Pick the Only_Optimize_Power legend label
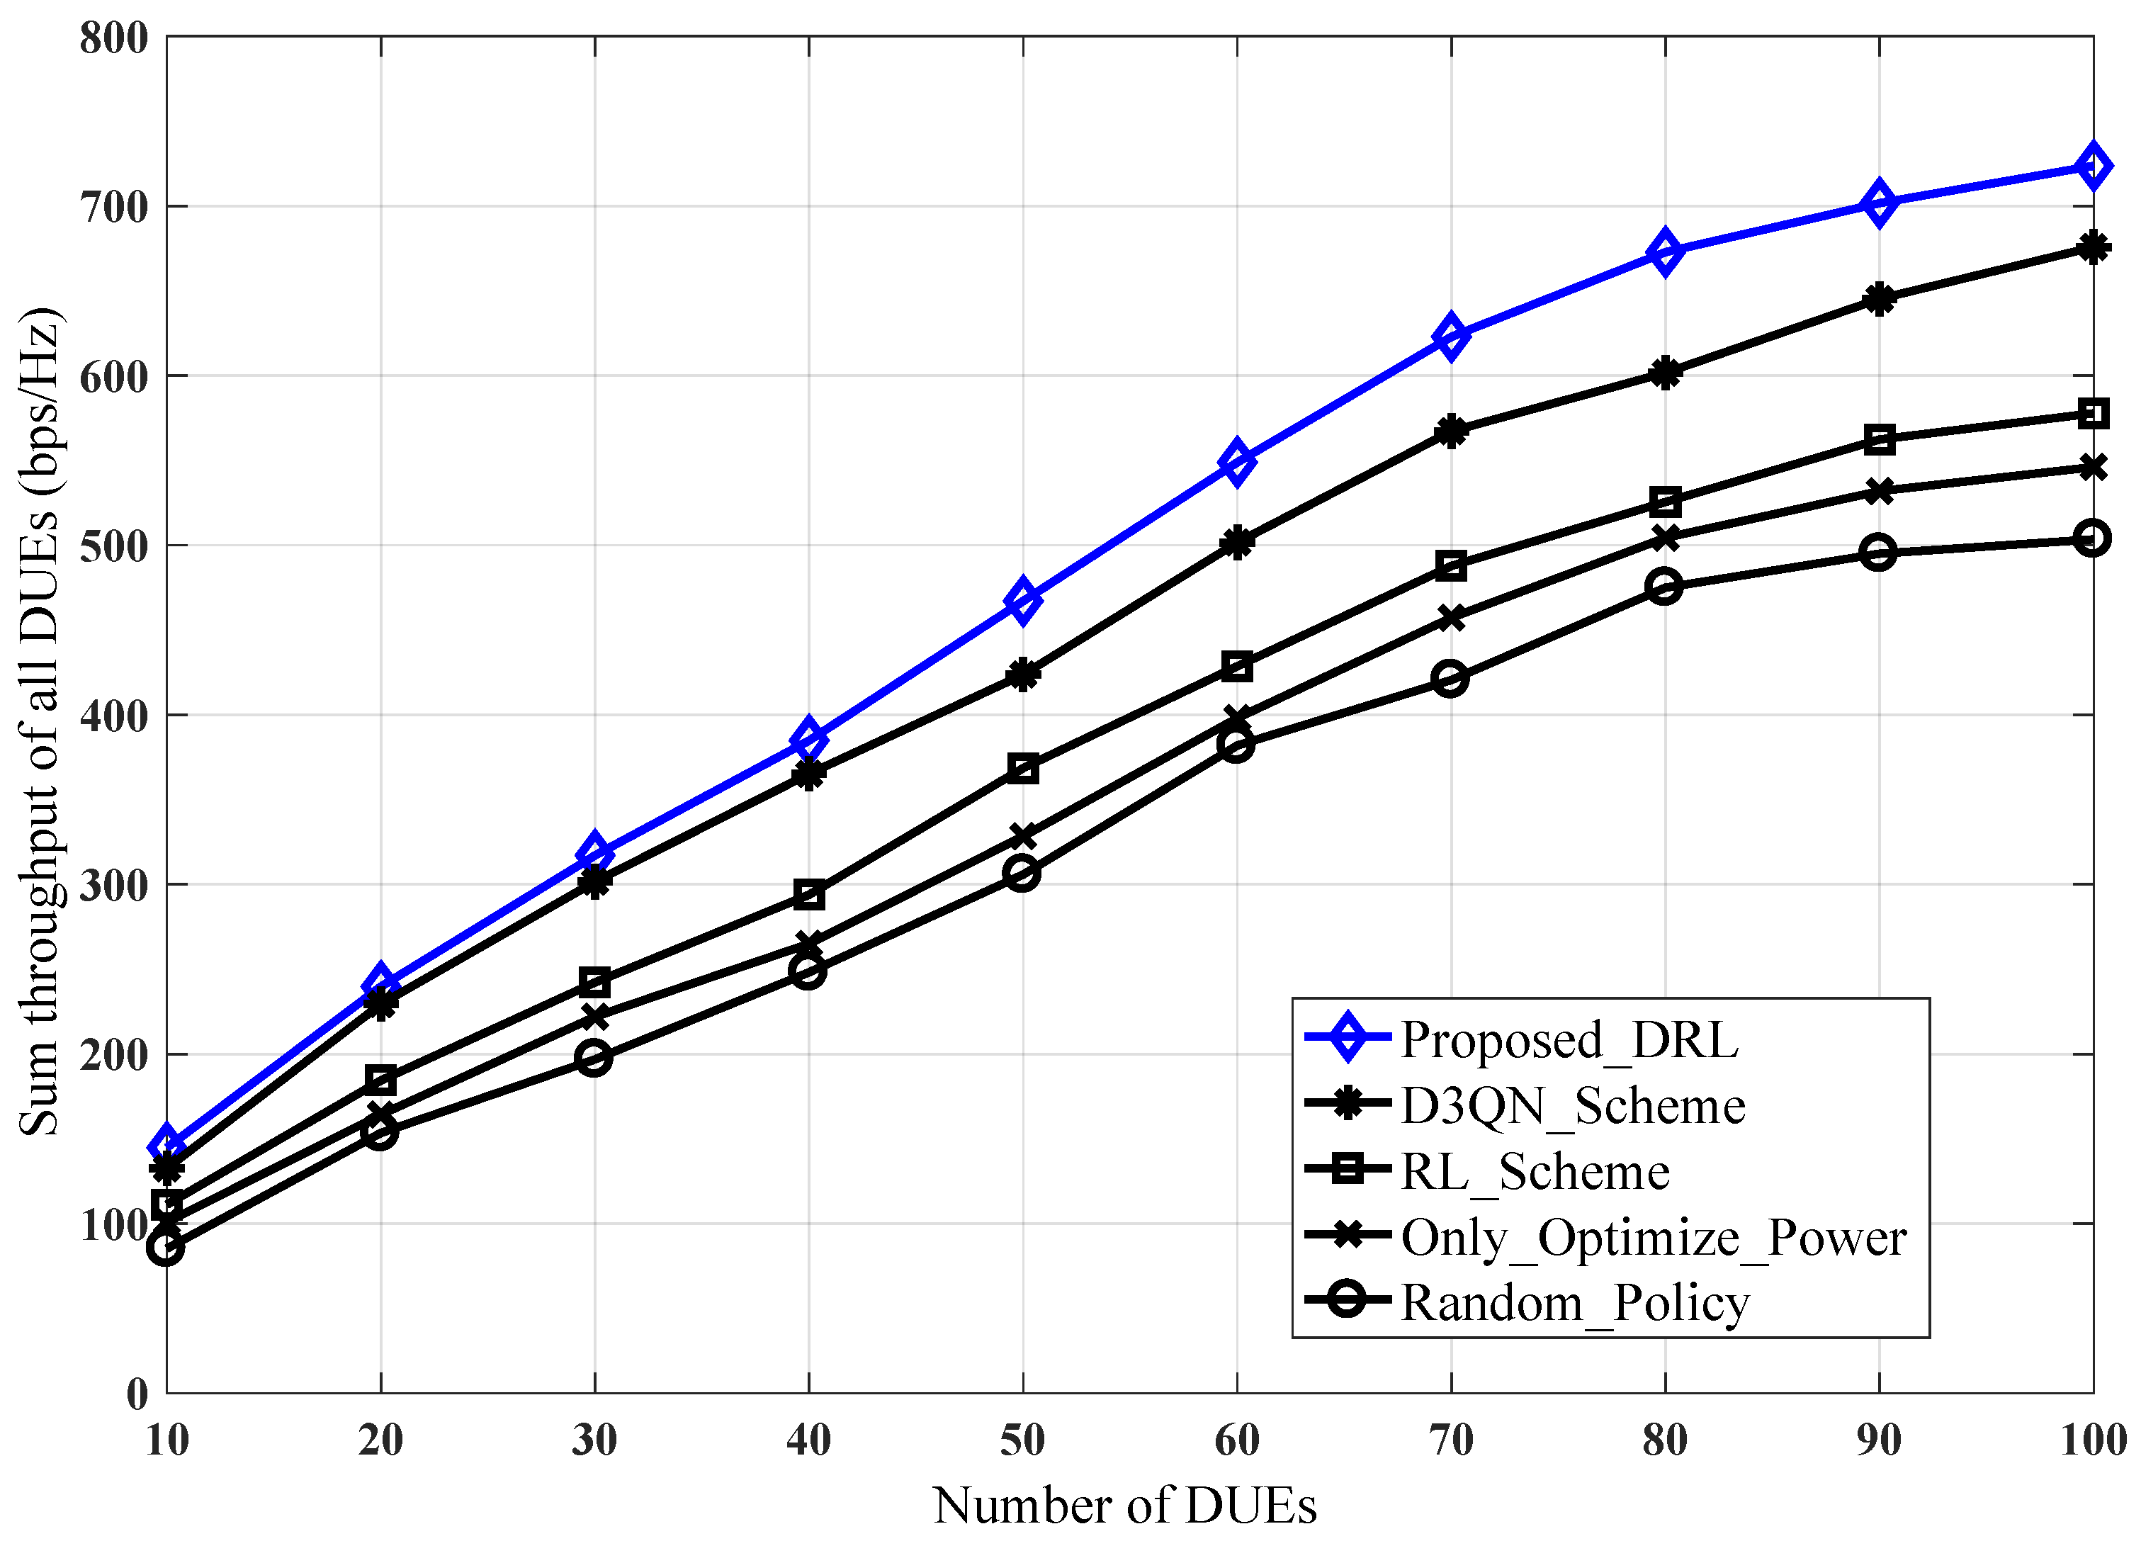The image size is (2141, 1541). click(x=1653, y=1236)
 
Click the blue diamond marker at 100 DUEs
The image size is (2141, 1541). click(x=2093, y=167)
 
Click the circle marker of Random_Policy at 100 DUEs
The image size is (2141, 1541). click(x=2092, y=538)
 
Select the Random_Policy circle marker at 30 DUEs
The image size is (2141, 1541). click(x=594, y=1058)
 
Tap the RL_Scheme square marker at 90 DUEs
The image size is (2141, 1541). click(x=1880, y=439)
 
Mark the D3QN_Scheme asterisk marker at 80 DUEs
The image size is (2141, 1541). click(x=1665, y=373)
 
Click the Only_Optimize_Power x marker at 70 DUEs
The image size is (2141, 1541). click(x=1451, y=619)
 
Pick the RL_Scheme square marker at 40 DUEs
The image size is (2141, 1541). click(x=809, y=894)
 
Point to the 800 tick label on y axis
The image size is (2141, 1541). click(x=114, y=39)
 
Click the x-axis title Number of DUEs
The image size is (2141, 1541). click(x=1124, y=1505)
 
